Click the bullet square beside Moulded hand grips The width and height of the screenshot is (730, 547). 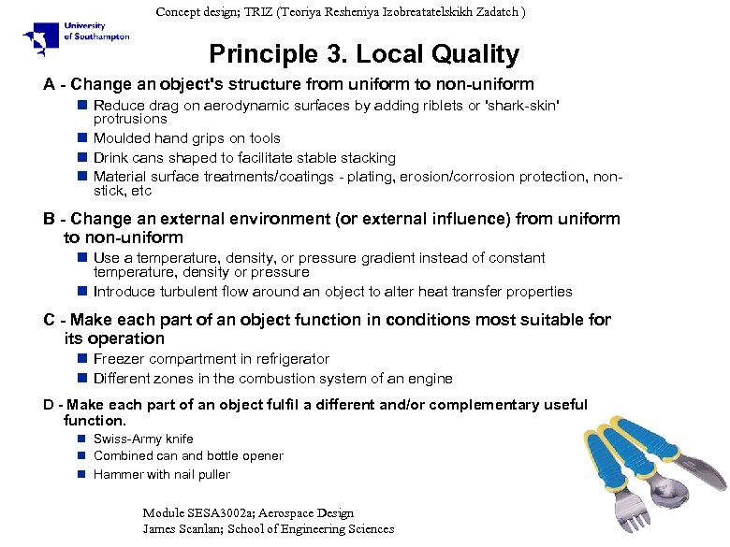click(x=82, y=138)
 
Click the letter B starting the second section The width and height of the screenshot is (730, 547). click(x=50, y=219)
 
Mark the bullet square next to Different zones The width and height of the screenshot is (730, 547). click(x=82, y=379)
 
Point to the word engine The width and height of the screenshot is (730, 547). click(x=430, y=379)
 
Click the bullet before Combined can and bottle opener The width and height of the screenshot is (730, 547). click(x=82, y=456)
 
